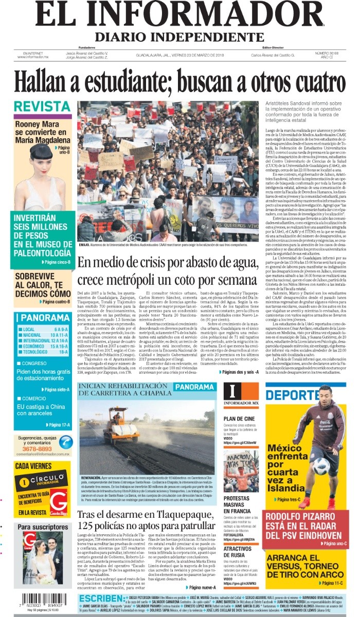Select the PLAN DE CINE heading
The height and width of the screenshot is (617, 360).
point(237,419)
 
